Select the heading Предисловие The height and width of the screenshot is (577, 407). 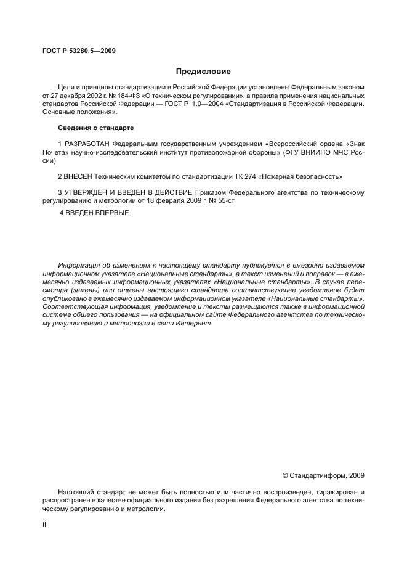tap(203, 71)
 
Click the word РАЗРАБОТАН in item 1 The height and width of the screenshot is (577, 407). tap(87, 144)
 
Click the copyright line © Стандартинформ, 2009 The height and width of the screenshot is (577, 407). tap(323, 475)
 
